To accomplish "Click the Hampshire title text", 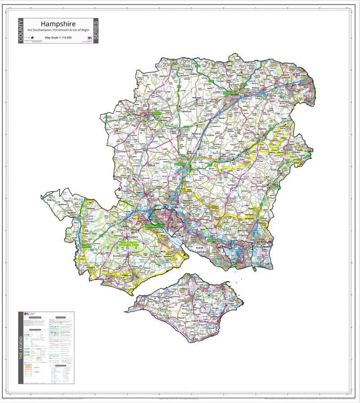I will tap(58, 23).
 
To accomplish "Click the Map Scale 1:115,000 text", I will tap(58, 37).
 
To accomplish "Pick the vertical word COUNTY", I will tap(21, 31).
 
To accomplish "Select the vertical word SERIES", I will tap(95, 31).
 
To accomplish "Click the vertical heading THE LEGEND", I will tap(21, 360).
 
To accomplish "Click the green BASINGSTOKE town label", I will tap(232, 93).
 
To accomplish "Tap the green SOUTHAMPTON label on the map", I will tap(153, 226).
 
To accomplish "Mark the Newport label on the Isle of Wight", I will tap(197, 299).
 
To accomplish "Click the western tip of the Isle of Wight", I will tap(128, 310).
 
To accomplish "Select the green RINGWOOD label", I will tap(86, 247).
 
